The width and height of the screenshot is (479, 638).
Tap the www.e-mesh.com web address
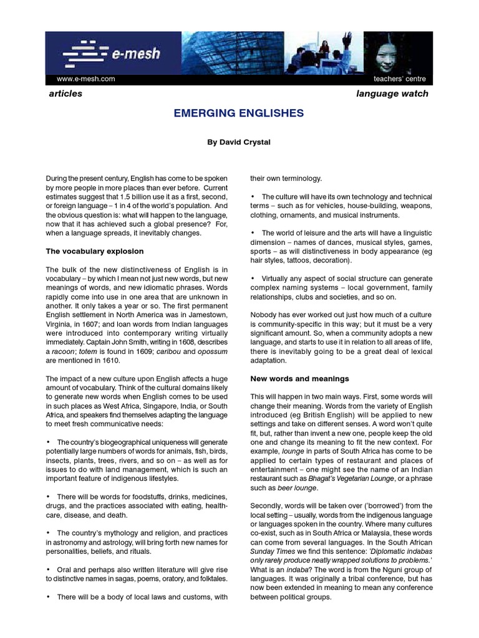[86, 79]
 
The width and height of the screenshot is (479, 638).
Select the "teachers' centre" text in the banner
[400, 79]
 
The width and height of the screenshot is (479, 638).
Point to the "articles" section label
[65, 93]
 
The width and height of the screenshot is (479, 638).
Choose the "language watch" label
[392, 93]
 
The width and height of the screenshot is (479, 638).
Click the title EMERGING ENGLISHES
[238, 113]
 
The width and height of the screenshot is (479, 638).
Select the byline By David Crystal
[238, 142]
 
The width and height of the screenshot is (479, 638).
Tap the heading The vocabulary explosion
[95, 251]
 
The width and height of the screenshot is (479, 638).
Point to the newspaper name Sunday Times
[269, 551]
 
